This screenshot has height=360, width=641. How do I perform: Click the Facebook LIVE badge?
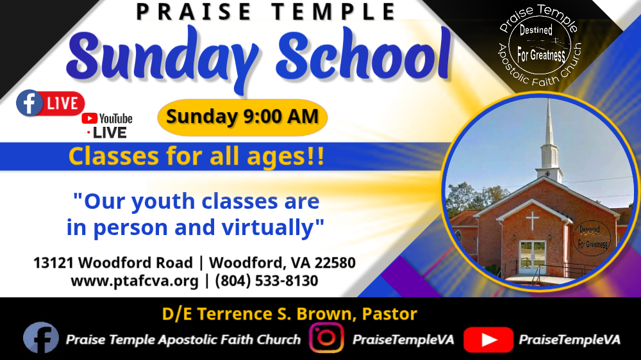[50, 103]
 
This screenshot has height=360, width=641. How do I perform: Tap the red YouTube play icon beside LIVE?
[89, 119]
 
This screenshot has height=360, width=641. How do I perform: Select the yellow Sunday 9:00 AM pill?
[242, 117]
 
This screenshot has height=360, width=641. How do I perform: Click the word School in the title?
[363, 56]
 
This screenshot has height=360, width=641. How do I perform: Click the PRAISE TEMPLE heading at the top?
[266, 12]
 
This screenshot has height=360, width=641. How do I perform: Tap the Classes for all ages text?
[196, 156]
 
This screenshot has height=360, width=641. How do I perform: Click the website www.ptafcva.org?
[135, 281]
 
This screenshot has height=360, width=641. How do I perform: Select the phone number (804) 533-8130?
[267, 281]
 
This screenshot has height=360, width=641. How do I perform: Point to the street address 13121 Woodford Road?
[113, 263]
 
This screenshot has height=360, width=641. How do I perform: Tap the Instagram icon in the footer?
[326, 338]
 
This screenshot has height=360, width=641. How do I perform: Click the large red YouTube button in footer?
[488, 340]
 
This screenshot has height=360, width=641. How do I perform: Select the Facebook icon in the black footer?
[41, 338]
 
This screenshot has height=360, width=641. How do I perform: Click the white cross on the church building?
[532, 220]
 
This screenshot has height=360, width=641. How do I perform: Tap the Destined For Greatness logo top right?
[540, 45]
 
